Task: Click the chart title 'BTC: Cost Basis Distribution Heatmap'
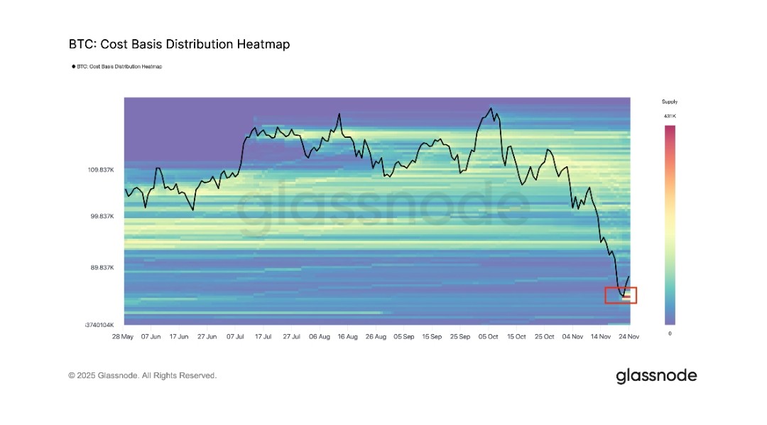(179, 44)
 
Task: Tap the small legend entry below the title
(117, 67)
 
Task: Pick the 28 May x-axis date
(123, 336)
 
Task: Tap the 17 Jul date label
(263, 336)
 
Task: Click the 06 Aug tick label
(319, 336)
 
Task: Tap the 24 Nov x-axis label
(629, 336)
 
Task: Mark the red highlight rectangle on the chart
(621, 295)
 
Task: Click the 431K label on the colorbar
(670, 115)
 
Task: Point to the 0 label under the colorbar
(670, 333)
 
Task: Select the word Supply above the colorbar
(670, 102)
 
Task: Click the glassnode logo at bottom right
(656, 376)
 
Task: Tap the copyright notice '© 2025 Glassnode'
(142, 375)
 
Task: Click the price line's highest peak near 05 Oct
(490, 108)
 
